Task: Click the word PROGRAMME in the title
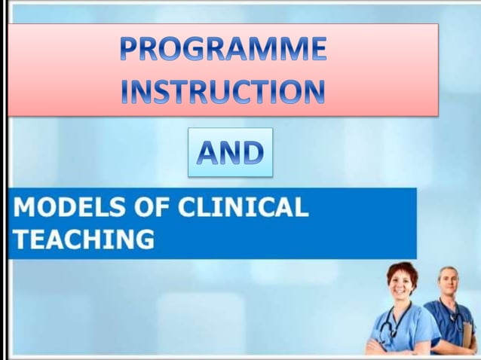pos(223,50)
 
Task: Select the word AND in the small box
pos(230,153)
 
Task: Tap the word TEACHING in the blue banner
pos(84,239)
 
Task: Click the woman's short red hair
pos(402,267)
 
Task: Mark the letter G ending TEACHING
pos(143,239)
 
